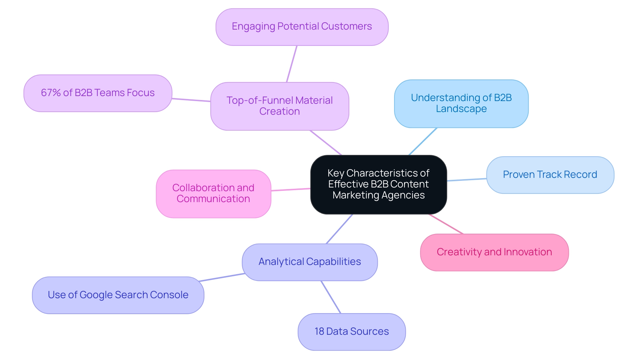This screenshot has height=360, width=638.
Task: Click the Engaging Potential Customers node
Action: pos(302,27)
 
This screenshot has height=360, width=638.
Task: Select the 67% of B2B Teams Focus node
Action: pos(98,93)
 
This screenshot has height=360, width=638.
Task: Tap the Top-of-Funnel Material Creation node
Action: pos(279,106)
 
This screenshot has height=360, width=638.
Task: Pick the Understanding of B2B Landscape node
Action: pos(461,103)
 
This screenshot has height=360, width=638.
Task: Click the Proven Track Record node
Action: pos(550,175)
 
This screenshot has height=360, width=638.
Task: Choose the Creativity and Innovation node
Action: pos(494,252)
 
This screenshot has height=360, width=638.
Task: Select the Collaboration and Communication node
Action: pos(213,193)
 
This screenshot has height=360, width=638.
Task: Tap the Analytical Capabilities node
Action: pos(309,262)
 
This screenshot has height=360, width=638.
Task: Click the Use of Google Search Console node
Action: pos(118,295)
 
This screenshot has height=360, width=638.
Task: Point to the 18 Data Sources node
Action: pos(352,332)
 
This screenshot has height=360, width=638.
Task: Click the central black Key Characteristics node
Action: pos(378,184)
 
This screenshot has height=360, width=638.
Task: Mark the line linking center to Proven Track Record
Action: pos(467,180)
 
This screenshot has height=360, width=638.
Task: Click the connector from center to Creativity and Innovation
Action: pos(446,224)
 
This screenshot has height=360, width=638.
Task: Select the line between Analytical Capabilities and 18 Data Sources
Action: pos(331,297)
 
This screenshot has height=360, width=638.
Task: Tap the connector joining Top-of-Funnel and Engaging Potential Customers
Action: pos(291,64)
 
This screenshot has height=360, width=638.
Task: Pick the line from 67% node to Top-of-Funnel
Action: pos(191,100)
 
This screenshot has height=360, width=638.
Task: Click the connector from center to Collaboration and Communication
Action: pos(291,189)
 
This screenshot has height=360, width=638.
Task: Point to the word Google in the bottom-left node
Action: pos(96,295)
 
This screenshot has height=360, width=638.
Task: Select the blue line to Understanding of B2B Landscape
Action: pos(423,142)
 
